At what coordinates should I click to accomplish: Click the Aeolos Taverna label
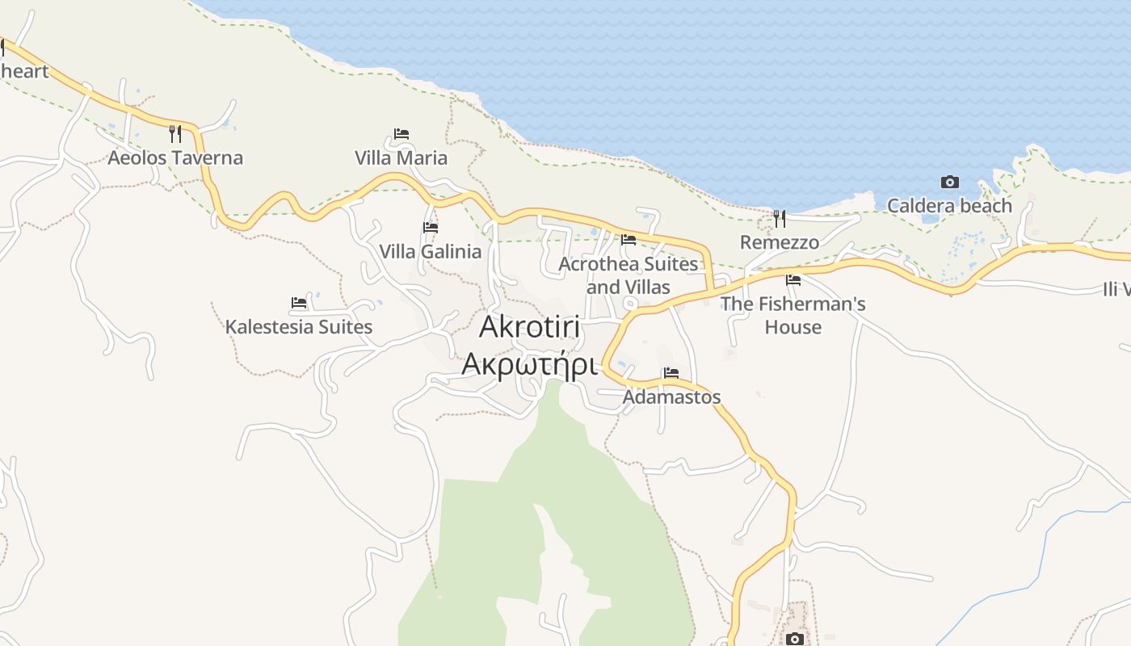click(175, 157)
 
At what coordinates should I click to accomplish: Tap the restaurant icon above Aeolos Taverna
click(175, 133)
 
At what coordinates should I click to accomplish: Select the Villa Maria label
click(401, 157)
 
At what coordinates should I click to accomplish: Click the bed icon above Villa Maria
click(402, 133)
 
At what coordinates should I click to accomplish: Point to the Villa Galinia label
click(431, 251)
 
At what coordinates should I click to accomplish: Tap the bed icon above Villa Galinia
click(431, 228)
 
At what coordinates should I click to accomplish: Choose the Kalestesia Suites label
click(299, 327)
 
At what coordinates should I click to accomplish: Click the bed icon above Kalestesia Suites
click(299, 303)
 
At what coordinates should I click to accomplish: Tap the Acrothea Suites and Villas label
click(628, 275)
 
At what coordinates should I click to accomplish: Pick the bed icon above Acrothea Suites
click(628, 239)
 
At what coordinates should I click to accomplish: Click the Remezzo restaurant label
click(780, 242)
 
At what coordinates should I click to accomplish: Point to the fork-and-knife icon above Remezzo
click(780, 218)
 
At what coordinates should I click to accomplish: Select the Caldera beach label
click(949, 206)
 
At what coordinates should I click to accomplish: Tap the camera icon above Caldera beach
click(950, 182)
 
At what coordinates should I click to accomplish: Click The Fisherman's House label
click(793, 315)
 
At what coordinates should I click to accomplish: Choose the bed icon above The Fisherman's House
click(793, 280)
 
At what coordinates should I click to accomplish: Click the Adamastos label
click(671, 397)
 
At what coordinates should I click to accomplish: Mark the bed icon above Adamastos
click(671, 373)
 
